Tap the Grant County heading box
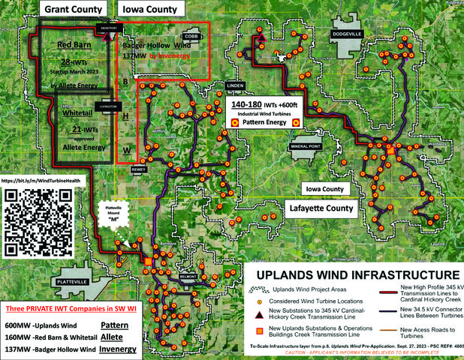73,9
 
